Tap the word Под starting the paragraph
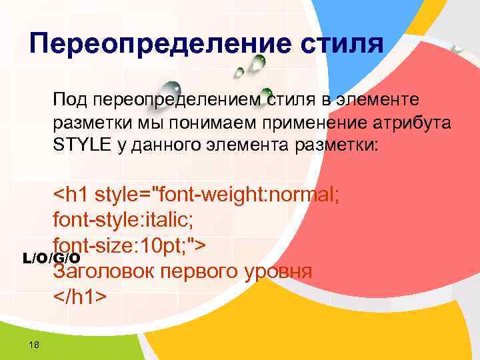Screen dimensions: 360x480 click(71, 101)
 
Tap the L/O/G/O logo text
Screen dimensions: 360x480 click(51, 258)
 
